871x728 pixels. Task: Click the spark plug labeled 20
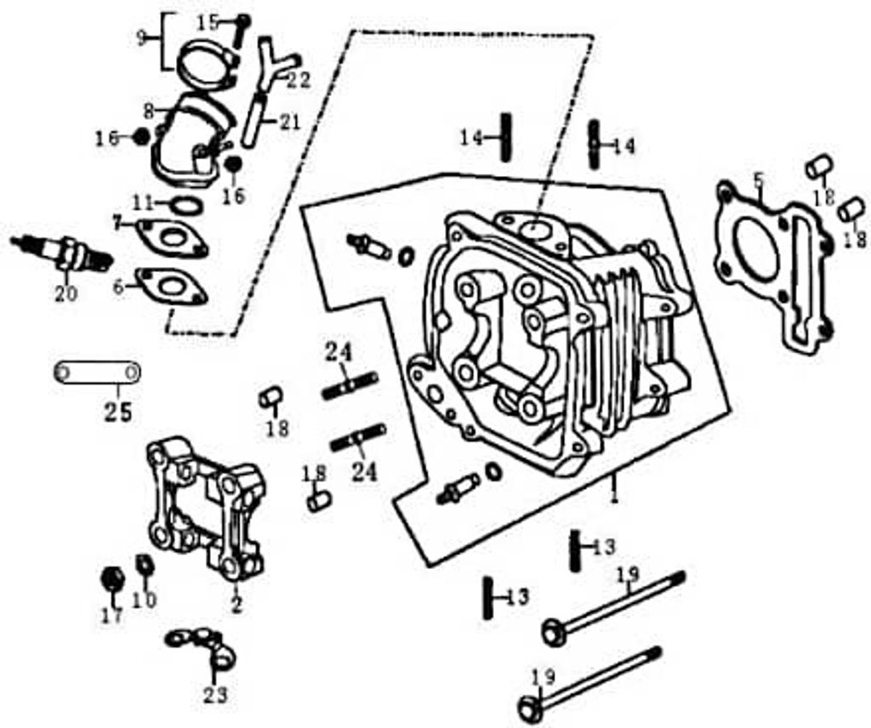click(x=64, y=253)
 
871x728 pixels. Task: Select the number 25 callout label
click(x=118, y=412)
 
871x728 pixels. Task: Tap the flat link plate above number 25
click(x=97, y=373)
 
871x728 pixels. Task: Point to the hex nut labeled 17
click(x=111, y=579)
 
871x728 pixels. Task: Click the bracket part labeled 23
click(x=204, y=646)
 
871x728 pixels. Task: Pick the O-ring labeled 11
click(x=188, y=205)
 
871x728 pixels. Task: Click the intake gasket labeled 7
click(x=173, y=237)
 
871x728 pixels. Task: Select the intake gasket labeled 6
click(x=174, y=287)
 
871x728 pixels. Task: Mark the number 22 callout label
click(x=298, y=80)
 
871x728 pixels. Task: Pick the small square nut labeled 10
click(x=144, y=564)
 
